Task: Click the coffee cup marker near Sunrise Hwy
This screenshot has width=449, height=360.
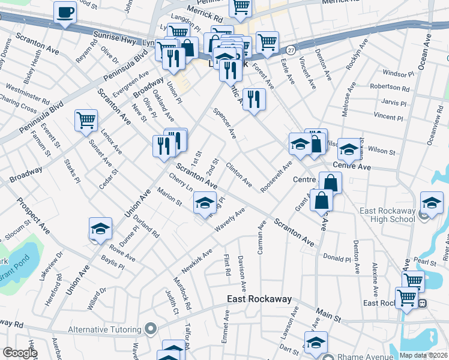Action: pyautogui.click(x=65, y=13)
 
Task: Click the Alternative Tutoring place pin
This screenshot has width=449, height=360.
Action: pyautogui.click(x=151, y=329)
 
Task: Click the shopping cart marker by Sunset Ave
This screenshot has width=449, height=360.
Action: pyautogui.click(x=86, y=121)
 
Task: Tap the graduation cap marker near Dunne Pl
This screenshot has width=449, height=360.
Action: pyautogui.click(x=100, y=229)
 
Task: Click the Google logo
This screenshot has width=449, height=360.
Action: pyautogui.click(x=19, y=353)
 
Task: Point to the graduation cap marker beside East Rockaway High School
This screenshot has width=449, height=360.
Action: pyautogui.click(x=431, y=202)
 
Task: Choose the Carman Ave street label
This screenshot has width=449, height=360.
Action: pyautogui.click(x=261, y=238)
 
